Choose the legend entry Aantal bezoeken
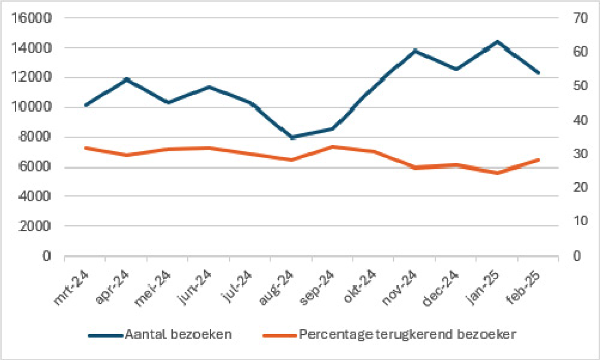pyautogui.click(x=178, y=335)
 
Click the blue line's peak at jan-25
pyautogui.click(x=497, y=42)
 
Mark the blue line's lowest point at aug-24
pyautogui.click(x=291, y=137)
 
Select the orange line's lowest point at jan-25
pyautogui.click(x=497, y=173)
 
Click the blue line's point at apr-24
pyautogui.click(x=127, y=79)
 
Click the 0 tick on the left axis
pyautogui.click(x=46, y=256)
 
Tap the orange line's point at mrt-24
pyautogui.click(x=85, y=148)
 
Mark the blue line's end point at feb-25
pyautogui.click(x=539, y=73)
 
